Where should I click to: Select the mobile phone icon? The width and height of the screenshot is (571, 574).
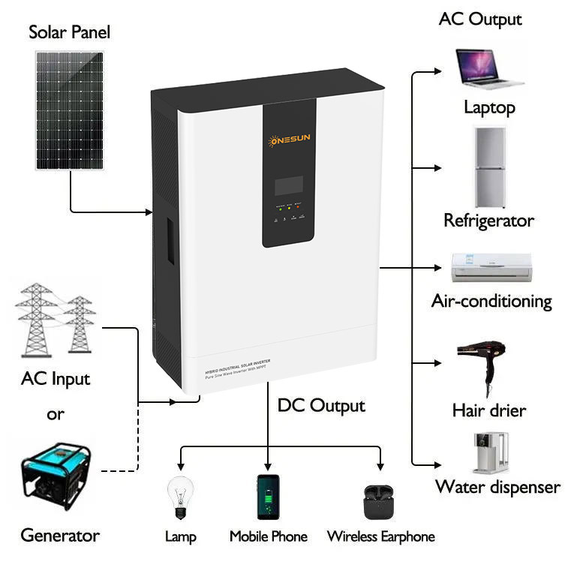point(268,496)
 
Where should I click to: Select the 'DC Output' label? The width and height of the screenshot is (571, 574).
point(321,406)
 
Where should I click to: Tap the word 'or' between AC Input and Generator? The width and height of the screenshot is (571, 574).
point(56,414)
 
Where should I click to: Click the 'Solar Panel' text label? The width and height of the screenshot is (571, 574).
point(69,32)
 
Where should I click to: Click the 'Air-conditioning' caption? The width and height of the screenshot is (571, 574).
point(491,302)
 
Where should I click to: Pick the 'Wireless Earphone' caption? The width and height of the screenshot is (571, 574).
point(380,536)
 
